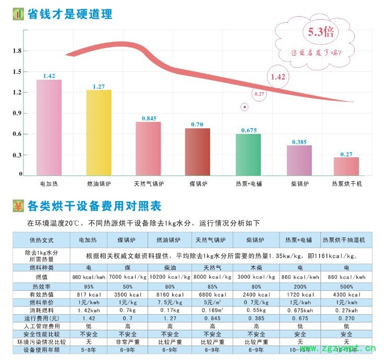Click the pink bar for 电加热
[49, 127]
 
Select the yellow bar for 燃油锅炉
[99, 132]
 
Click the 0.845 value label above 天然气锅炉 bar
[148, 118]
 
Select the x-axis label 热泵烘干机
[346, 184]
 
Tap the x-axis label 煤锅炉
[197, 184]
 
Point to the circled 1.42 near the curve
[278, 77]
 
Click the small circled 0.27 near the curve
[259, 94]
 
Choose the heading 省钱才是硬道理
[70, 14]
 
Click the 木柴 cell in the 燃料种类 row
[257, 268]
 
